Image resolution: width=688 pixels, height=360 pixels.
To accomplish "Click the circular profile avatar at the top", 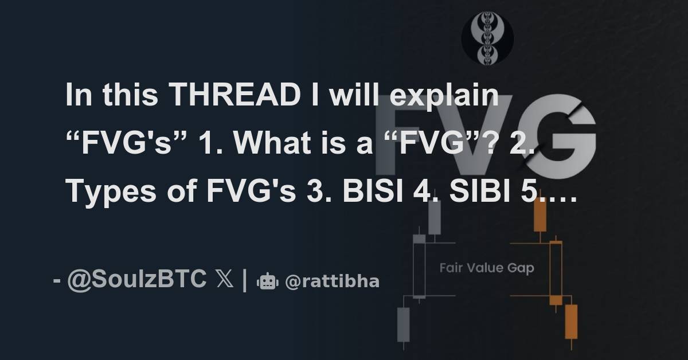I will click(487, 39).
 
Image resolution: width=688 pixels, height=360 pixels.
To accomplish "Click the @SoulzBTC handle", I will click(137, 280).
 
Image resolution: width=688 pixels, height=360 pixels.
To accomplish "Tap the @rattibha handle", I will click(333, 281).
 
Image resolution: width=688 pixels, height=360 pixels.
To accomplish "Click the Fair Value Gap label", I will click(487, 268).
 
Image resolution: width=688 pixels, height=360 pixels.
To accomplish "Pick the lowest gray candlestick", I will click(404, 324).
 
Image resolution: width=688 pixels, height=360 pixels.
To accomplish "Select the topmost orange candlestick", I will click(540, 215).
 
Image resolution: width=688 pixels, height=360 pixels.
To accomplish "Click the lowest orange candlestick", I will click(571, 322).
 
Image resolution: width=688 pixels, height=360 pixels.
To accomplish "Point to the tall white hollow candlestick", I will click(419, 268).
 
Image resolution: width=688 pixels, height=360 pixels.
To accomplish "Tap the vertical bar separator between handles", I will click(245, 280).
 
